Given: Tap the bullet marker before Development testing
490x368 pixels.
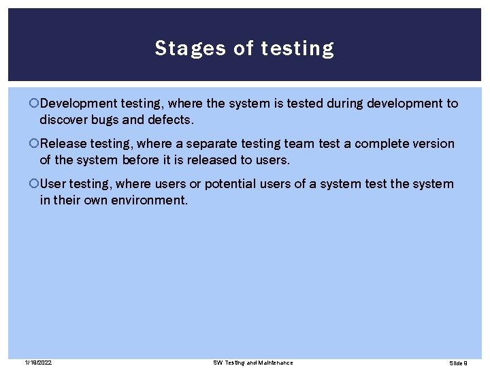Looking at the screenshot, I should (35, 104).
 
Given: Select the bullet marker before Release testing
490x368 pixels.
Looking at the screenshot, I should (35, 144).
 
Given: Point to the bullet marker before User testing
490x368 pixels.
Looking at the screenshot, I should (35, 184).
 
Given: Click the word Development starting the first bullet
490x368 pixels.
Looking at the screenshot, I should (78, 104).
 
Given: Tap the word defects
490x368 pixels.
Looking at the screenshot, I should (171, 120).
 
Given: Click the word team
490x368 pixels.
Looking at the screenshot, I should (300, 144).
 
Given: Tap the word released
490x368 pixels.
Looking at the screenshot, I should (208, 160).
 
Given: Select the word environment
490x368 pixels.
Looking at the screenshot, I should (147, 200).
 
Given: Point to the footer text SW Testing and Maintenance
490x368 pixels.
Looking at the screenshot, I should (252, 362).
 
